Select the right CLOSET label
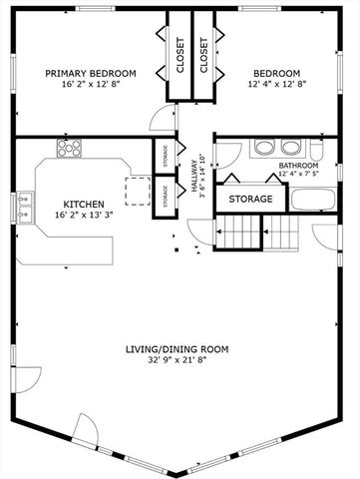[204, 58]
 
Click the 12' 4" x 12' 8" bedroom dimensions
[275, 86]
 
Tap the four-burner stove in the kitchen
[70, 150]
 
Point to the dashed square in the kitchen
[136, 191]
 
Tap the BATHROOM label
[297, 165]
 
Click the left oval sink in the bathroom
[264, 148]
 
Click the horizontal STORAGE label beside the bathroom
[250, 200]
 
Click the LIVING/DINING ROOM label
[178, 349]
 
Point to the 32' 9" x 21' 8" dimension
[178, 361]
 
